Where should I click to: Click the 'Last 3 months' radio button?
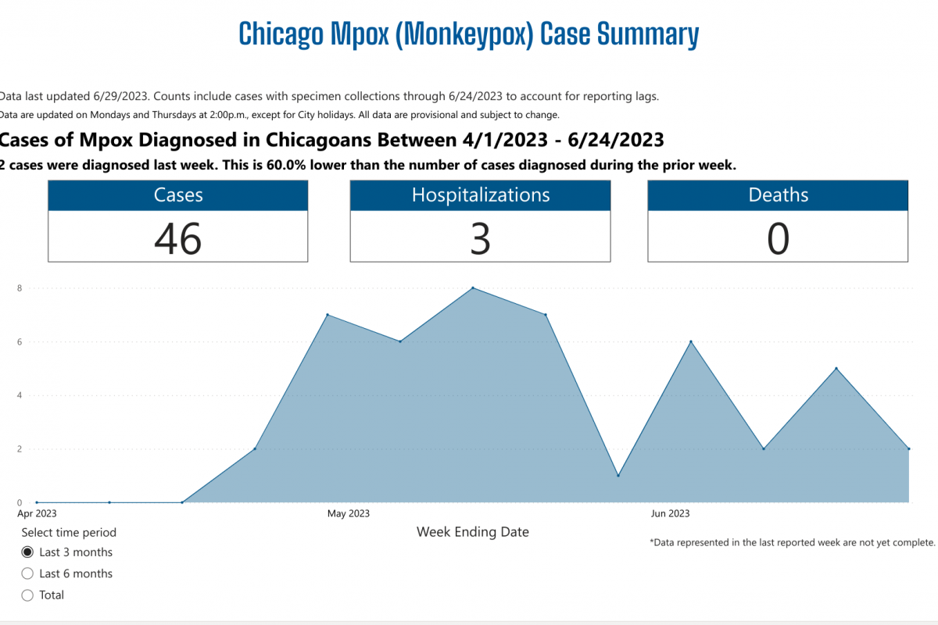tap(27, 552)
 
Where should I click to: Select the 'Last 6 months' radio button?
tap(27, 573)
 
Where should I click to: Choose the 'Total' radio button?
tap(27, 595)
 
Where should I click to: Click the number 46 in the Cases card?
tap(178, 238)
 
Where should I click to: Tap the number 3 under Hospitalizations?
tap(480, 238)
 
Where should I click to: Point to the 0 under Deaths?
tap(778, 238)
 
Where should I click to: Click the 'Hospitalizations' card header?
tap(480, 195)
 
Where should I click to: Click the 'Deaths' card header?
tap(778, 195)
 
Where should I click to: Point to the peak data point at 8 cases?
tap(473, 288)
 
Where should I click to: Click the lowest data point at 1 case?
tap(618, 476)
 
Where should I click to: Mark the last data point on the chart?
tap(909, 449)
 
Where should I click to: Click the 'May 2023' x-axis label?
tap(349, 513)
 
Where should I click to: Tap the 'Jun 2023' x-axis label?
tap(671, 513)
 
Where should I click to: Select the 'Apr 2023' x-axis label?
tap(37, 513)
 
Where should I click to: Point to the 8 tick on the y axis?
tap(20, 288)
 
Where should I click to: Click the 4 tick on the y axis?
tap(20, 395)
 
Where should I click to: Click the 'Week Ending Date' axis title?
tap(473, 532)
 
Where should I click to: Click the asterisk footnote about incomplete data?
tap(793, 542)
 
